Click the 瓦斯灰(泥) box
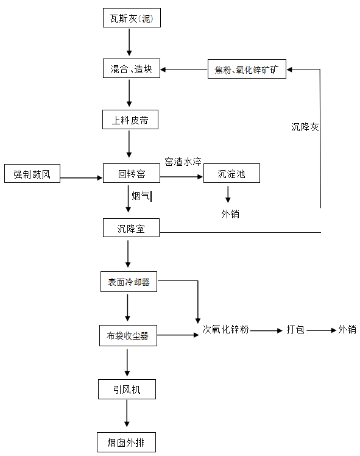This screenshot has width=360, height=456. click(130, 19)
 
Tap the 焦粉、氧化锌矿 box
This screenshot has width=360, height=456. click(245, 69)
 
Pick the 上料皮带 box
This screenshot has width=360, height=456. click(130, 119)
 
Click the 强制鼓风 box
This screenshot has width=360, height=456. click(32, 174)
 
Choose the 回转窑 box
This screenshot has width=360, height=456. click(131, 174)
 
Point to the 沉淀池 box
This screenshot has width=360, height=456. click(231, 174)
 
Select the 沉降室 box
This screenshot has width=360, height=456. click(131, 229)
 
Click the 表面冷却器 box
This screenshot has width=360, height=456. click(129, 282)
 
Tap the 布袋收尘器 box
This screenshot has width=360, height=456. click(128, 335)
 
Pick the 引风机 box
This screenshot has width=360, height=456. click(127, 389)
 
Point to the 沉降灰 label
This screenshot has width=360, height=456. click(305, 127)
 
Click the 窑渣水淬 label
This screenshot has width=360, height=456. click(182, 162)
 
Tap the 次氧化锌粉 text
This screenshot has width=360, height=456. click(225, 330)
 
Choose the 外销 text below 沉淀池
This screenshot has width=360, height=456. click(230, 214)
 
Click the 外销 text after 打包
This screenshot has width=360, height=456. click(347, 330)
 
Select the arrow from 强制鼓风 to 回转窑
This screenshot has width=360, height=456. click(81, 178)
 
